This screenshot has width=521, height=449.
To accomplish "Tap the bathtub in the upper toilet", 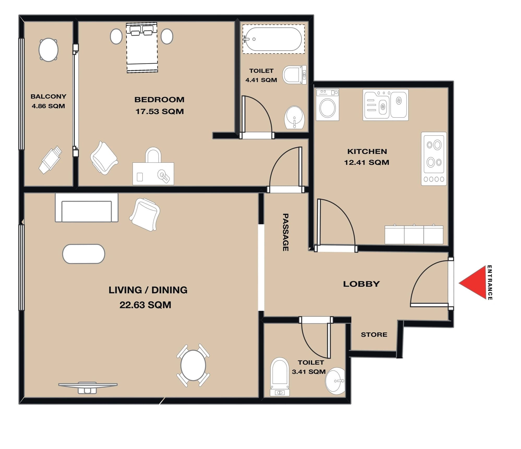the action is click(x=273, y=39).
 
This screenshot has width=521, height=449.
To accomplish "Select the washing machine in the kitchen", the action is click(x=327, y=104).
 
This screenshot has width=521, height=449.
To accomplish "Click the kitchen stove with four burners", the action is click(x=434, y=159).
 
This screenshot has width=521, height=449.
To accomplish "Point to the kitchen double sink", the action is click(x=385, y=105).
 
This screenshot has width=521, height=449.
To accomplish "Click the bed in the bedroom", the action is click(x=142, y=48).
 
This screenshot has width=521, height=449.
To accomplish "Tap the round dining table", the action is click(x=193, y=365).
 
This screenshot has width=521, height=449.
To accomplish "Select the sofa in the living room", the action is click(x=87, y=208).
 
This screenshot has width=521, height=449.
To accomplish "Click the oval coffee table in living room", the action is click(x=83, y=254).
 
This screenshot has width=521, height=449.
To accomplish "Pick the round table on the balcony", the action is click(x=49, y=50).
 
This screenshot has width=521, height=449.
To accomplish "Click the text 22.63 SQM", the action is click(x=145, y=305).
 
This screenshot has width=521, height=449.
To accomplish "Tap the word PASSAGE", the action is click(x=285, y=232).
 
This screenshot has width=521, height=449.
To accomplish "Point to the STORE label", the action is click(x=374, y=335).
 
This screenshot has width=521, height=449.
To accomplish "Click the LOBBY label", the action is click(x=361, y=284).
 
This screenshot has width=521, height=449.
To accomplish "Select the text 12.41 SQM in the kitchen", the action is click(x=367, y=162).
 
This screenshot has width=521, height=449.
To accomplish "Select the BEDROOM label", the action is click(x=159, y=100).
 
